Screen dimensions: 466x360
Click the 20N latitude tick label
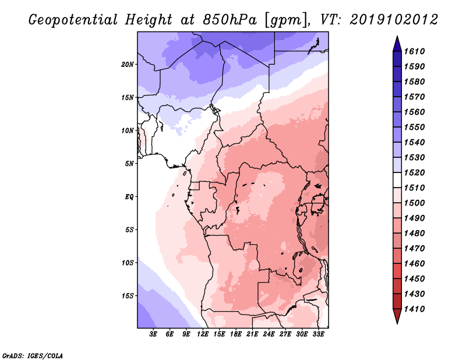point(128,65)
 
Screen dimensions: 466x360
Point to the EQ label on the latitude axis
point(129,197)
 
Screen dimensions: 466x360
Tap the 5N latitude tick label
point(129,164)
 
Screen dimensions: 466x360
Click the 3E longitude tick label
point(153,334)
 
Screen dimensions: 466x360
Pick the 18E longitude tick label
point(236,334)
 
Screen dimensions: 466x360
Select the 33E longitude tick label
point(318,334)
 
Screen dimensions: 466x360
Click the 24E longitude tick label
point(269,334)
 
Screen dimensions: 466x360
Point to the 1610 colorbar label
point(415,51)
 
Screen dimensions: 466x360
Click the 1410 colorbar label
point(415,309)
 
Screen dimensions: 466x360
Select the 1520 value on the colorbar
point(415,172)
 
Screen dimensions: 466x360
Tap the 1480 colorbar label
point(415,234)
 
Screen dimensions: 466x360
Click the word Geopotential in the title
point(73,20)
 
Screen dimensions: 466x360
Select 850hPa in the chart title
point(230,20)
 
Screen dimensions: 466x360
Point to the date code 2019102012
point(394,20)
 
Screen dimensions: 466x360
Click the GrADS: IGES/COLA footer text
point(33,355)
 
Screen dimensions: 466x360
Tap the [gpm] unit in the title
point(286,20)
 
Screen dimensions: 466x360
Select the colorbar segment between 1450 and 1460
point(397,271)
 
